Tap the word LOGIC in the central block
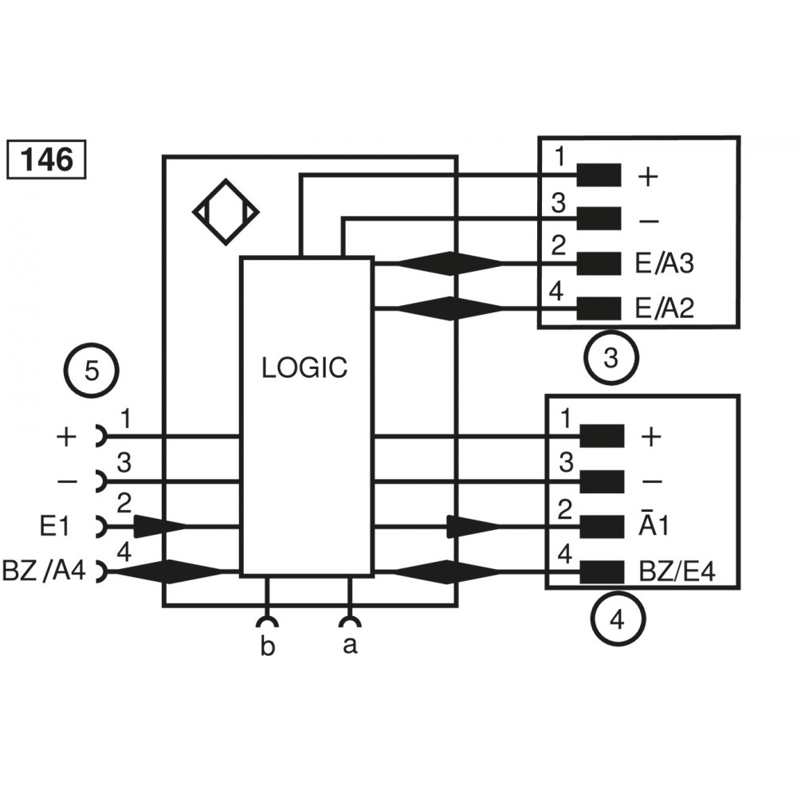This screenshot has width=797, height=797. [x=305, y=367]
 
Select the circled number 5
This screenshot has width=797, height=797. [x=92, y=371]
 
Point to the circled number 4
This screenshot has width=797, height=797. [x=618, y=618]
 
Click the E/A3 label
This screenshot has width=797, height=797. [x=665, y=264]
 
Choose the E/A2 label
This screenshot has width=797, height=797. [x=665, y=308]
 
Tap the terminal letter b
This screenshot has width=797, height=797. [x=268, y=646]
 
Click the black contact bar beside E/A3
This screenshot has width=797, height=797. [x=598, y=262]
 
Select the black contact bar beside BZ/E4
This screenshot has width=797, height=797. [x=602, y=571]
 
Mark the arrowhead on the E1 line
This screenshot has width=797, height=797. [x=159, y=526]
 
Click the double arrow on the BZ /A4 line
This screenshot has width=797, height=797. [x=168, y=571]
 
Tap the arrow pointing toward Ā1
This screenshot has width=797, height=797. [x=473, y=526]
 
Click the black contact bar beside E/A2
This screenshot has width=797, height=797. [x=598, y=307]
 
